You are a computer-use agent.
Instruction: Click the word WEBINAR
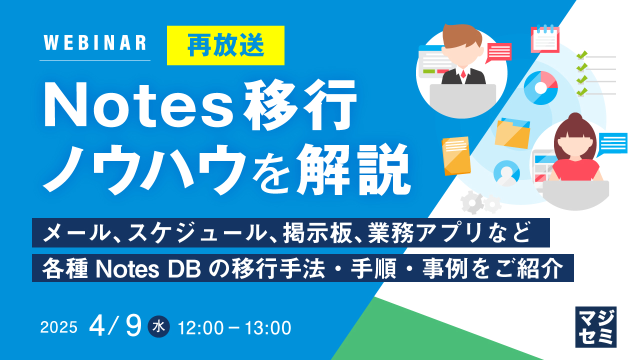coord(95,43)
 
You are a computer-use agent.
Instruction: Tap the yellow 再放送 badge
coord(225,46)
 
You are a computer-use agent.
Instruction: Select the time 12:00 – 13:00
coord(234,328)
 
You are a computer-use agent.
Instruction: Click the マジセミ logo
coord(595,326)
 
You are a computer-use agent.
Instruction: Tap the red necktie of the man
coord(463,75)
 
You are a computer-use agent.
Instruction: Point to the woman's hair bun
coord(575,118)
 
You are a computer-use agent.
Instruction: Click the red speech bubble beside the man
coord(498,51)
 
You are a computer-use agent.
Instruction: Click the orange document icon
coord(456,155)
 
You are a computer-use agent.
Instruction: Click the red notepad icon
coord(544,39)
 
